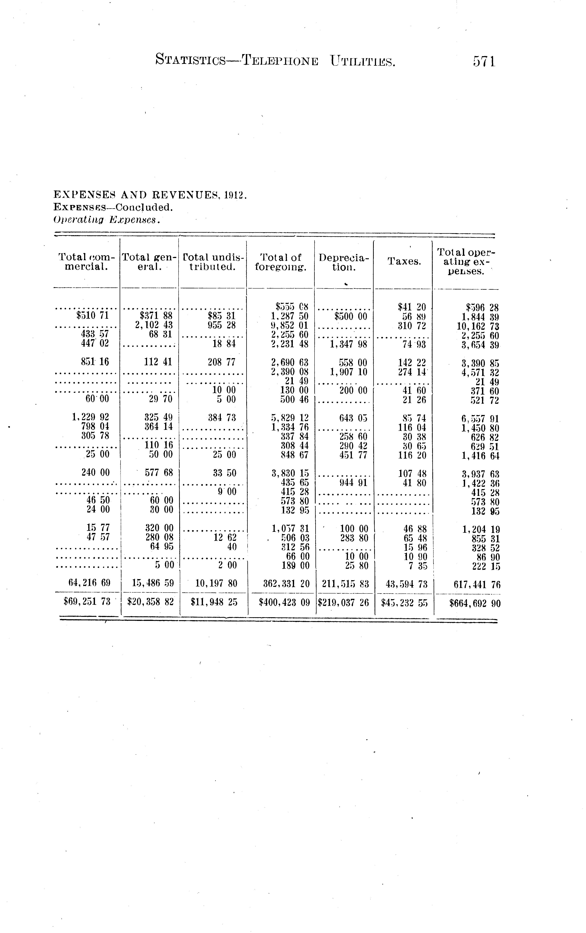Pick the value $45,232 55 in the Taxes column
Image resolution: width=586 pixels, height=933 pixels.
pyautogui.click(x=404, y=602)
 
